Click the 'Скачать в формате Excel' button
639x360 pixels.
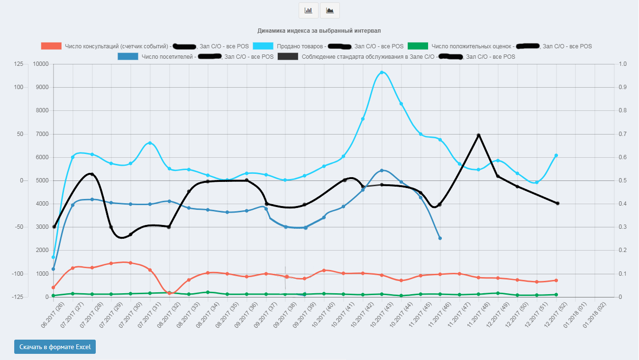(55, 347)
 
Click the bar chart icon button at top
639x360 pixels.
(309, 10)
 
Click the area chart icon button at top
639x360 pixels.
(330, 10)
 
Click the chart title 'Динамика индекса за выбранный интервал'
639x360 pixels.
(319, 31)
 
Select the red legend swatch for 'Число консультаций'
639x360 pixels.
(51, 46)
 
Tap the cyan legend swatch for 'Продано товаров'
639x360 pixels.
(263, 46)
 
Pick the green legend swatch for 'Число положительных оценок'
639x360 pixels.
(418, 46)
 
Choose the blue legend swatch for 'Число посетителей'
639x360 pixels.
(128, 56)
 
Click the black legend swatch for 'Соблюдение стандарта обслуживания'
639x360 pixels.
(288, 56)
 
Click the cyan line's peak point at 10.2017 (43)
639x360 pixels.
(382, 72)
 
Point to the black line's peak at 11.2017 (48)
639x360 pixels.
(478, 135)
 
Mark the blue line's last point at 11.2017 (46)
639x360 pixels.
(440, 238)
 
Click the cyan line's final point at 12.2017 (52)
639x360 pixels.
(556, 155)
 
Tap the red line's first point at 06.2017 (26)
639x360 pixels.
(54, 288)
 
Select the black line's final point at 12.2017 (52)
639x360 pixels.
(557, 203)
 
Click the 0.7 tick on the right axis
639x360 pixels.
(623, 134)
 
